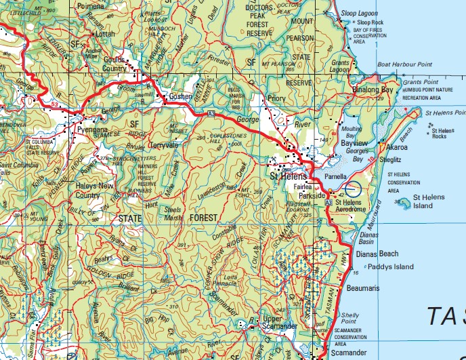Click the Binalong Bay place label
[373, 89]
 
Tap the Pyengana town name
[93, 127]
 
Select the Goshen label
[180, 96]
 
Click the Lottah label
[105, 33]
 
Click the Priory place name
[276, 98]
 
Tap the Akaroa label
[396, 146]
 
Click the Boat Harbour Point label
[404, 65]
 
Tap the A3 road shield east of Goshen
[212, 112]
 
